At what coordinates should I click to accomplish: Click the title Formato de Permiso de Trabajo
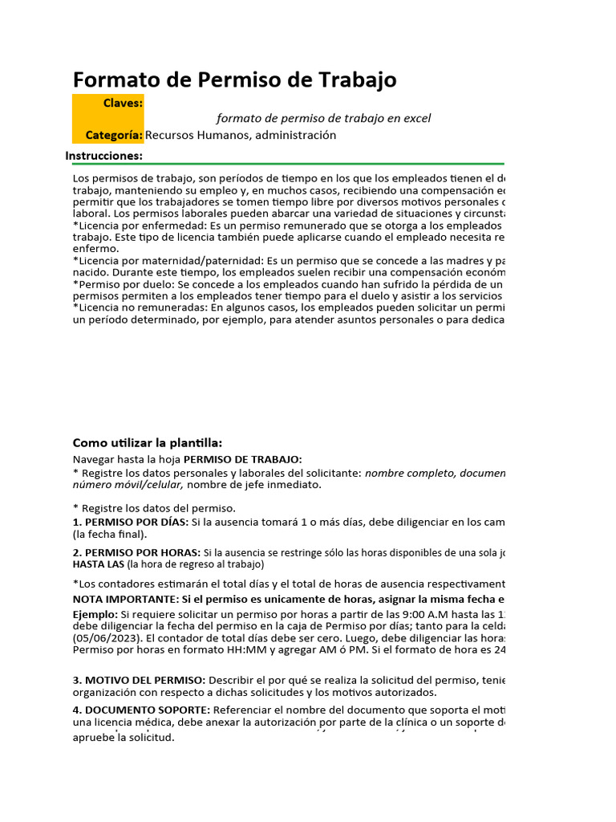(x=234, y=79)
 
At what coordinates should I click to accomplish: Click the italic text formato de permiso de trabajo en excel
(x=323, y=118)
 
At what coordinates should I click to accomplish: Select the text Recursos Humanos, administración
(x=241, y=135)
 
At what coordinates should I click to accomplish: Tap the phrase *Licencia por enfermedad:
(x=136, y=226)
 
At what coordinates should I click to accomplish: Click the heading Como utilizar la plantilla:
(x=148, y=443)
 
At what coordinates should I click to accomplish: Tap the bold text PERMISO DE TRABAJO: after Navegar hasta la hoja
(x=243, y=459)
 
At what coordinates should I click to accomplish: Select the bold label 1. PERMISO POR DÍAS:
(x=130, y=522)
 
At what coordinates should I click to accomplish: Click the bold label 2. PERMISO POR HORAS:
(x=136, y=552)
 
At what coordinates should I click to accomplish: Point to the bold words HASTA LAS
(x=98, y=564)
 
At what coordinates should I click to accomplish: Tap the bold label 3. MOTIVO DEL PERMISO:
(x=139, y=680)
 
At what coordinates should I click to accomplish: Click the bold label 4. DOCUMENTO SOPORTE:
(x=141, y=710)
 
